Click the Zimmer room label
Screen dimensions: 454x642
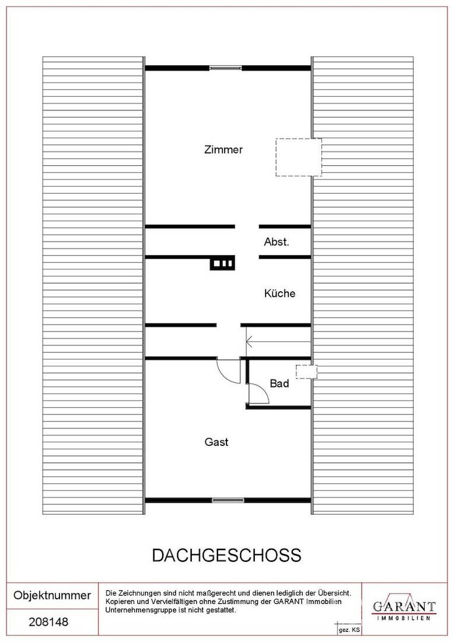click(223, 149)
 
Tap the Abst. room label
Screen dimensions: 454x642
click(276, 241)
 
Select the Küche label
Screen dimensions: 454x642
click(280, 293)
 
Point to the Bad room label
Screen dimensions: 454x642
click(279, 383)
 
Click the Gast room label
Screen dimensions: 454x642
click(216, 442)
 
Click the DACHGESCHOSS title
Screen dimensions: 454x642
click(227, 555)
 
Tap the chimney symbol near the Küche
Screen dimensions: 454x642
click(223, 263)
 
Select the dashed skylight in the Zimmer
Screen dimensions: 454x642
click(298, 157)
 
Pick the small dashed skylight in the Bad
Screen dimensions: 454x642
click(307, 372)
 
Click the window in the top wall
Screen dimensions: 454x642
click(225, 68)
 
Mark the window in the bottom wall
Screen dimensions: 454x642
click(228, 500)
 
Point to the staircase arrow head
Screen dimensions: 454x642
click(248, 341)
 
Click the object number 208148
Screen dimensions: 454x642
click(49, 622)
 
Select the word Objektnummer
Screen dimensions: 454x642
click(52, 595)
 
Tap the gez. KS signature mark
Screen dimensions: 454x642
click(349, 630)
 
